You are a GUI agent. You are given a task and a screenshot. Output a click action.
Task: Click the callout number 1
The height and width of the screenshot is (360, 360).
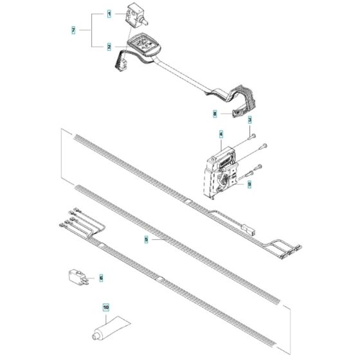tap(109, 14)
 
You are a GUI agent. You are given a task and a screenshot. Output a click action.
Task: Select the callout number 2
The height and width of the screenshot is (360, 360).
tap(109, 47)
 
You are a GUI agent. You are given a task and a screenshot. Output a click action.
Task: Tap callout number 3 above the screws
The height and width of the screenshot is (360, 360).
tap(249, 120)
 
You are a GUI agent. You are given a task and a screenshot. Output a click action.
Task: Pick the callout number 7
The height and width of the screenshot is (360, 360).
tap(73, 30)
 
